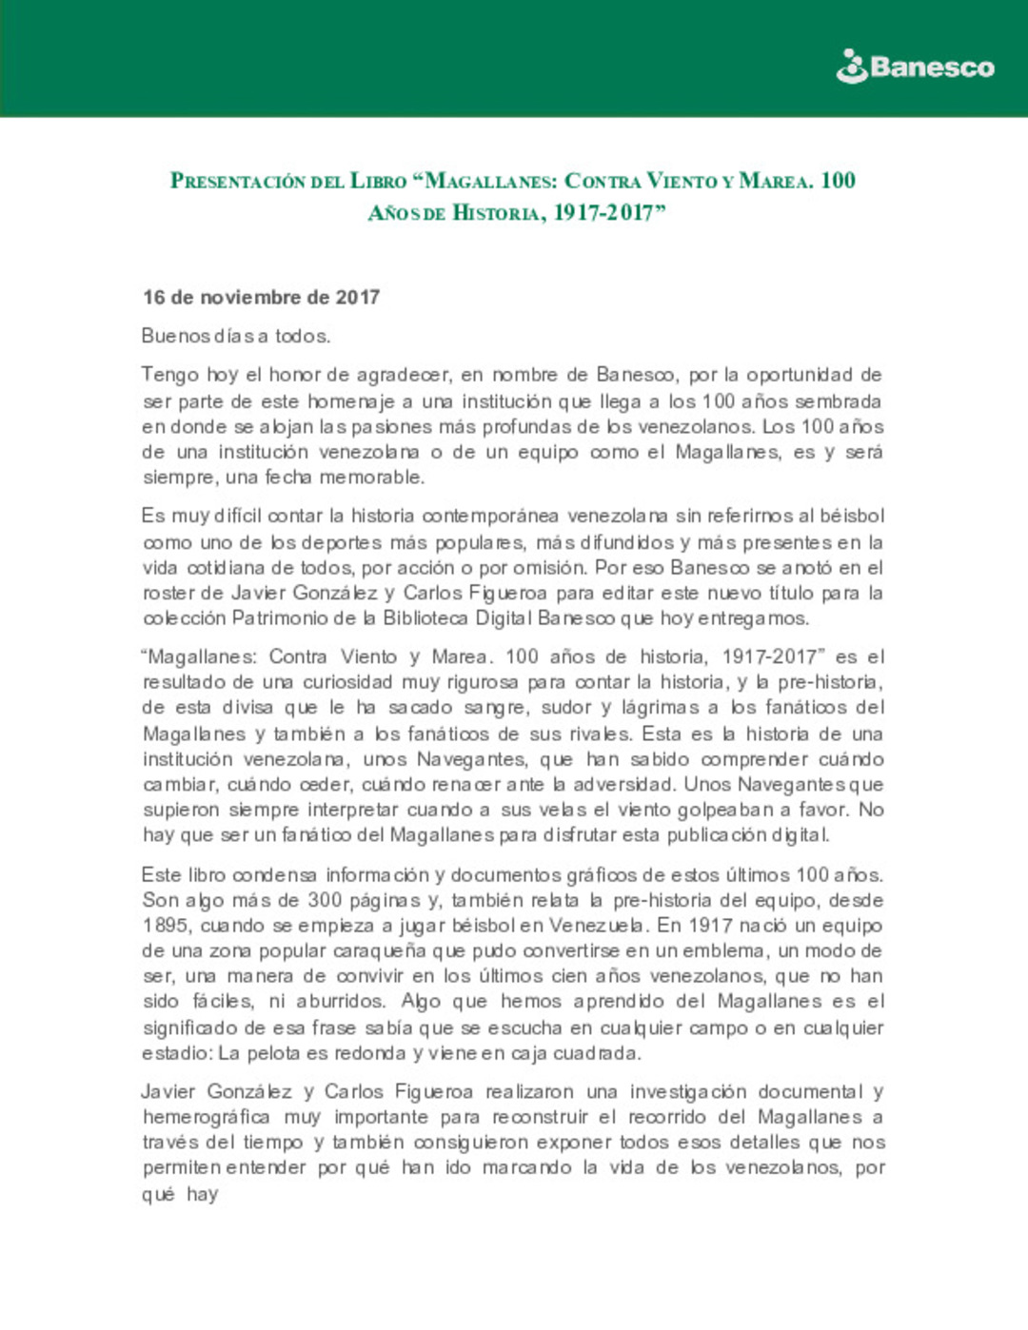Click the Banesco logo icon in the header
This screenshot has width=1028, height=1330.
click(851, 67)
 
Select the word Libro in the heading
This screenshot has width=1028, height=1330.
click(378, 181)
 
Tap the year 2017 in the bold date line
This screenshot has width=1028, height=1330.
click(357, 298)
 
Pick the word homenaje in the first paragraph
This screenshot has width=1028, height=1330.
click(350, 401)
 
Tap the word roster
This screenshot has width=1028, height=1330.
click(169, 593)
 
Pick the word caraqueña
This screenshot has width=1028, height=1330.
click(379, 951)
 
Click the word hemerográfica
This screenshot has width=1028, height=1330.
click(207, 1117)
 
